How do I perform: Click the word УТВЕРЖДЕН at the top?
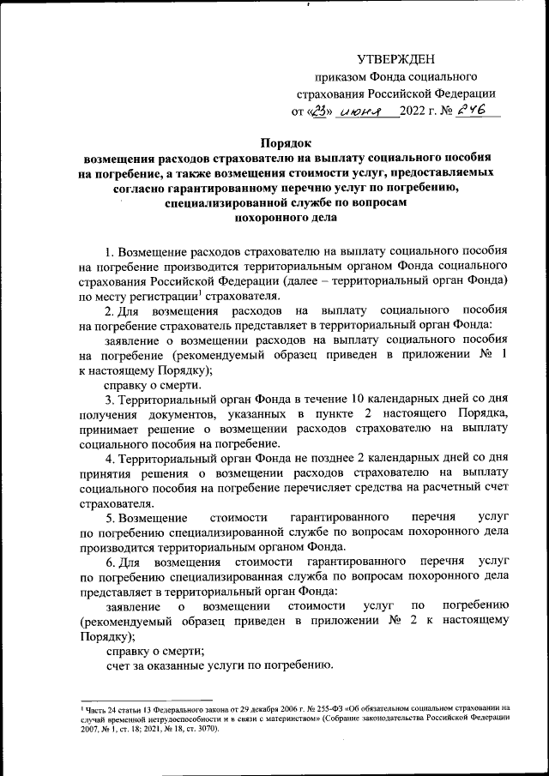pos(395,58)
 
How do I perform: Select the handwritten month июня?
pos(360,111)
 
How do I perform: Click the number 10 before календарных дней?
pos(360,400)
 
